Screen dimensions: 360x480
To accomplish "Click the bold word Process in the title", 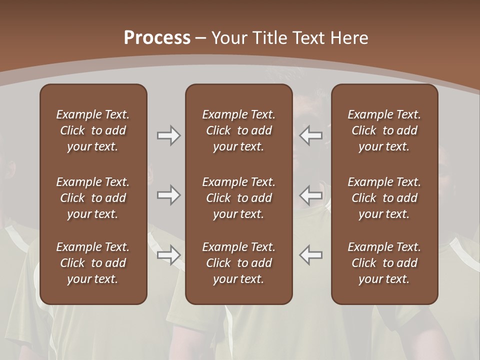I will (157, 38).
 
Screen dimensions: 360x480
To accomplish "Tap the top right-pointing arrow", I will (168, 135).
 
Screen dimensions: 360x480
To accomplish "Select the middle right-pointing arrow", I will (168, 195).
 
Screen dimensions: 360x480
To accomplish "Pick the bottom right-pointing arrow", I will (168, 254).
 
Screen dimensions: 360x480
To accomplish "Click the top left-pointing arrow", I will (310, 135).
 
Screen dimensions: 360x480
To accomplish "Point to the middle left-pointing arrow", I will (310, 195).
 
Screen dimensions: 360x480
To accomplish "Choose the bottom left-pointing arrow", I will (310, 254).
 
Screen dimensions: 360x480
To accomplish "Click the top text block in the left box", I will (93, 130).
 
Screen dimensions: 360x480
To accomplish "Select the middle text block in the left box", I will (93, 198).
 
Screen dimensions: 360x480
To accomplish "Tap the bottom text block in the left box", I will (93, 263).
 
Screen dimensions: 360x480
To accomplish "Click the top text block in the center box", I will (238, 130).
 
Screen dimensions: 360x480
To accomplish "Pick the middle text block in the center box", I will (238, 198).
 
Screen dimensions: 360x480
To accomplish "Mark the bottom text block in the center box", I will (238, 263).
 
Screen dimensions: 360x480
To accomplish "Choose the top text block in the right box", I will (384, 130).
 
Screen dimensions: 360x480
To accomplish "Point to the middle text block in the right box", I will (384, 198).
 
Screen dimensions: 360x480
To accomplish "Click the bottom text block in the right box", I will (384, 263).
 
